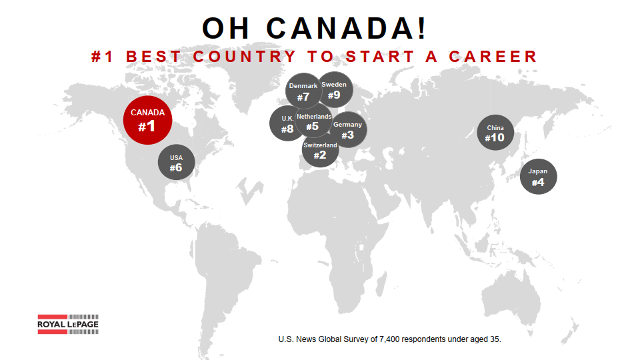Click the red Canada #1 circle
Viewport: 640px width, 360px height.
147,121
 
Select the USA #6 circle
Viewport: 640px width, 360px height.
176,162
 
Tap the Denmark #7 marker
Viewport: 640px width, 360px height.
303,91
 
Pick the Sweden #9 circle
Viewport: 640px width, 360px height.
335,90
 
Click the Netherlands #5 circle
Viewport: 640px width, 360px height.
313,120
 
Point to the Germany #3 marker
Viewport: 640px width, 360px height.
349,130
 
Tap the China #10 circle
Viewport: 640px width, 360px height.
495,133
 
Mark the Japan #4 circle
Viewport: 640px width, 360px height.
539,176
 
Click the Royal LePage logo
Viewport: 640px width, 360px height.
68,324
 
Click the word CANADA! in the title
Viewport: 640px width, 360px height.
347,28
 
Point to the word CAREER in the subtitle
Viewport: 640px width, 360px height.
493,56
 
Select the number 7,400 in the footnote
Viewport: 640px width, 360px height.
390,339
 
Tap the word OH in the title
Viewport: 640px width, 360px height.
226,28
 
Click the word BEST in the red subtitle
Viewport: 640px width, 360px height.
153,56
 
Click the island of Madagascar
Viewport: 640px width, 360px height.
381,284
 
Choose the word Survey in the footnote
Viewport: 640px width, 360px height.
355,339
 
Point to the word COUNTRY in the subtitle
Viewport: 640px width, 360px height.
244,56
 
